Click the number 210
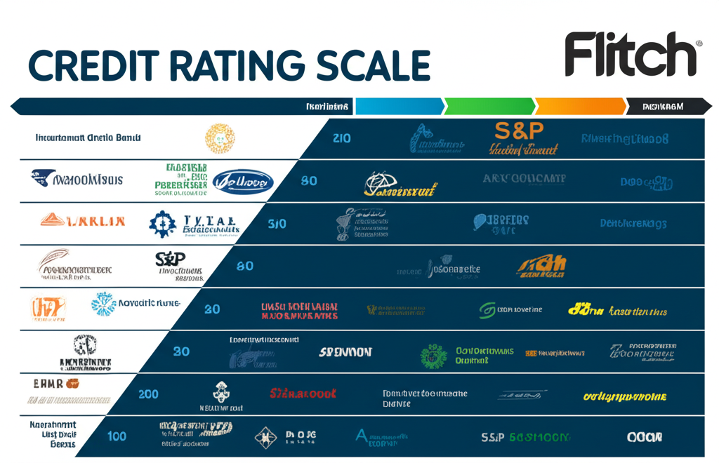coord(342,138)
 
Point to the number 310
coord(277,224)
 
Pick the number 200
coord(148,394)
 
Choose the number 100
coord(117,436)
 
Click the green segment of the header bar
coord(489,107)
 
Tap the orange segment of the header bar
coord(579,107)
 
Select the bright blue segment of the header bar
coord(399,107)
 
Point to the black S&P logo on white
coord(170,260)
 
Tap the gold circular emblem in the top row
coord(220,138)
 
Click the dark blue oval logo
coord(242,181)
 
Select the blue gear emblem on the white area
coord(163,223)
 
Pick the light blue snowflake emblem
coord(103,304)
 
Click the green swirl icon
coord(487,310)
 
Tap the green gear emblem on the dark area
coord(433,356)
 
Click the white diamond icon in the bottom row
coord(265,437)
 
